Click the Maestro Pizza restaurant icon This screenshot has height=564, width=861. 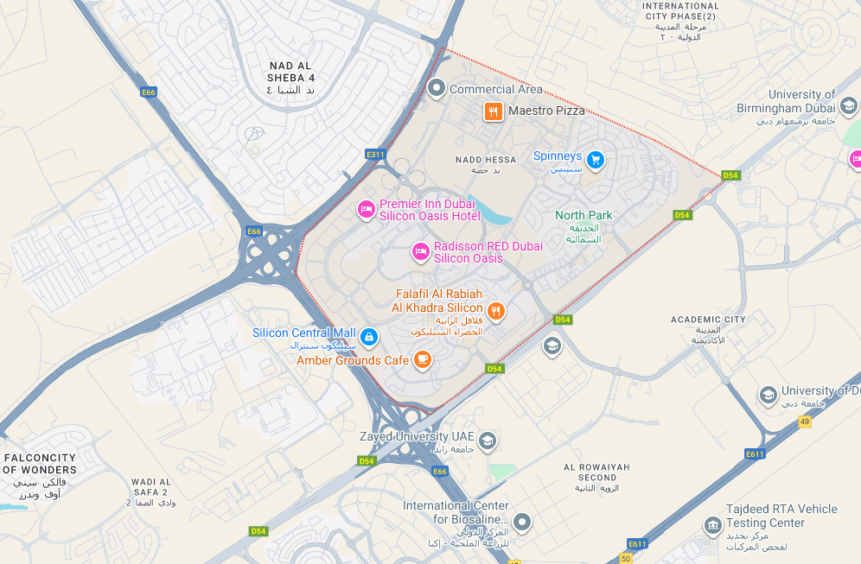[493, 111]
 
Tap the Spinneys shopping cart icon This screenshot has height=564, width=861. [595, 160]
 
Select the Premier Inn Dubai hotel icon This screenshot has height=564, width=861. [367, 210]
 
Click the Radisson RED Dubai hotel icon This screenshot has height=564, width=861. [421, 252]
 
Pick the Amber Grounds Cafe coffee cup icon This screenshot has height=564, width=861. [422, 359]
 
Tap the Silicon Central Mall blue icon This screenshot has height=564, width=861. [369, 336]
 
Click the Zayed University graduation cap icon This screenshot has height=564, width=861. [487, 441]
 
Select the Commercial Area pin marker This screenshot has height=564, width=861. [437, 88]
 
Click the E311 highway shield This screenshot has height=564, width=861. [375, 155]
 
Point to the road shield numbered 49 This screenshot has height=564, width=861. [805, 421]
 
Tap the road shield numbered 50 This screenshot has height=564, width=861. [626, 559]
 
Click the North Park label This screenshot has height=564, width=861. [584, 215]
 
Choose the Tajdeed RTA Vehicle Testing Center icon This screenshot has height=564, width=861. [712, 524]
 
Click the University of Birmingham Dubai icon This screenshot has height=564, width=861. [848, 105]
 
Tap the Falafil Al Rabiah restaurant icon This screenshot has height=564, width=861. [496, 311]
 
